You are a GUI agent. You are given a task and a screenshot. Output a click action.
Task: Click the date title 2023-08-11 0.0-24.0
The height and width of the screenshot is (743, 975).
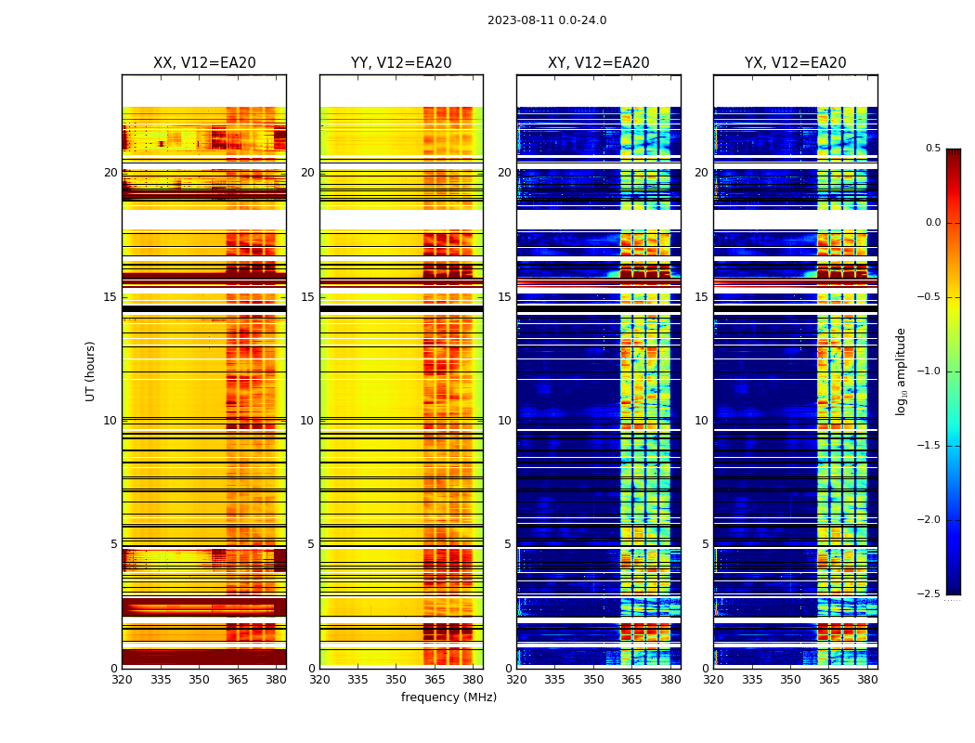[547, 20]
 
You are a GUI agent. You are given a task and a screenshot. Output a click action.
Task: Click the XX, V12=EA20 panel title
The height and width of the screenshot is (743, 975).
[204, 63]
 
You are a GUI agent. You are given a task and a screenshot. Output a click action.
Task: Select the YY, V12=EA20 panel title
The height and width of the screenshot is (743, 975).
[401, 63]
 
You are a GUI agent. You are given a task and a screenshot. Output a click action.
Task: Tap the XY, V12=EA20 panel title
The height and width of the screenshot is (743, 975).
[599, 63]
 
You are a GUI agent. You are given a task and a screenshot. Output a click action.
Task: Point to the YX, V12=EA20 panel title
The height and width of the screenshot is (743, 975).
[796, 63]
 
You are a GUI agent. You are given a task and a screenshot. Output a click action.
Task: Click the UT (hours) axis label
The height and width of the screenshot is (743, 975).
[90, 371]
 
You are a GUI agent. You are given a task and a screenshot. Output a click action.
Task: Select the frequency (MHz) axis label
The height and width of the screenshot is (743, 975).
[448, 697]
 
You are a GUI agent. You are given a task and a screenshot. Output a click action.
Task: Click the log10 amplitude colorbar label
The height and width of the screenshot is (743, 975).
[901, 371]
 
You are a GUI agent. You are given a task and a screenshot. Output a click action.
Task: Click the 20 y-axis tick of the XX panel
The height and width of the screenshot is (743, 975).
[110, 173]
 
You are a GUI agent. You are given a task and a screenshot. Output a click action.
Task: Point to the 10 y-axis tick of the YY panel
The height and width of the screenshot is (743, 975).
[307, 421]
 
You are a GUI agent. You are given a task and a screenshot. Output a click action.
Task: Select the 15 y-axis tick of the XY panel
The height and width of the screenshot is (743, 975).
[504, 297]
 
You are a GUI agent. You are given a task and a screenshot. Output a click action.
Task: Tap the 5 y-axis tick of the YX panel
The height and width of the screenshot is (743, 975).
[705, 544]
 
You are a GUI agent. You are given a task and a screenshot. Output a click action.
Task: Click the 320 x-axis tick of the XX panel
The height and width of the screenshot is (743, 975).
[122, 679]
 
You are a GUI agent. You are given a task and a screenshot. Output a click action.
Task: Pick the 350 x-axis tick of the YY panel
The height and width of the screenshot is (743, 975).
[396, 679]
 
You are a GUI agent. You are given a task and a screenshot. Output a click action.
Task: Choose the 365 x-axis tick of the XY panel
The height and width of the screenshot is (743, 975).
[632, 679]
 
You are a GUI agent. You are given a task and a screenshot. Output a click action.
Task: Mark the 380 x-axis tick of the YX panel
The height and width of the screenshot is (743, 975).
[867, 679]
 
